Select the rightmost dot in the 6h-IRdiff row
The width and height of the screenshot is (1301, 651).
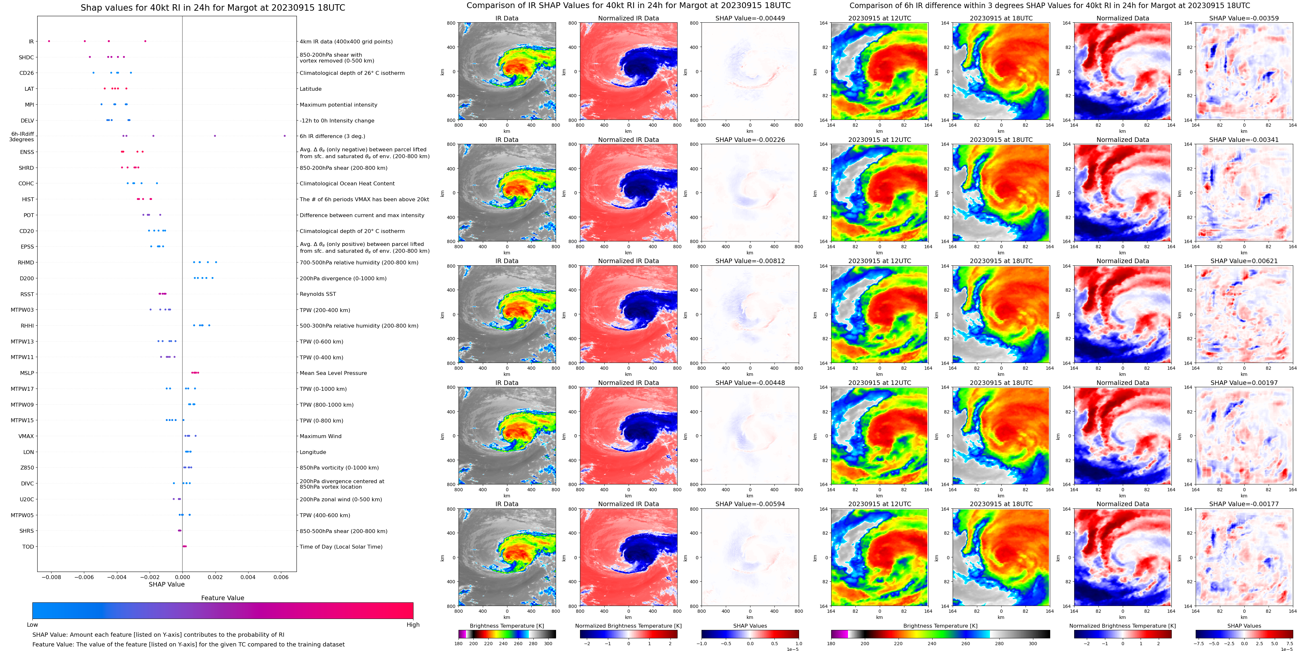click(x=285, y=136)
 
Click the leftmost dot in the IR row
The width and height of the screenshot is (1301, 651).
click(x=49, y=41)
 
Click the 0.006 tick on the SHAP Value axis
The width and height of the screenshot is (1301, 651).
click(x=281, y=577)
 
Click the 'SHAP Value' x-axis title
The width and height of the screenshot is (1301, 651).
click(x=166, y=584)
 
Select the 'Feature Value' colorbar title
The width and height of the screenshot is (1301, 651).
click(x=222, y=598)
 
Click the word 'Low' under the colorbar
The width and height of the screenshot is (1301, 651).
click(x=32, y=625)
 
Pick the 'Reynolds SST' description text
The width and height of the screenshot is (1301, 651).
click(x=318, y=294)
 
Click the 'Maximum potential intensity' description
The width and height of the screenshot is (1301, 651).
click(x=338, y=105)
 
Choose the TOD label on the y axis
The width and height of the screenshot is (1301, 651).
click(x=28, y=546)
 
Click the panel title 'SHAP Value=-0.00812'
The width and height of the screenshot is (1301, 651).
click(x=750, y=261)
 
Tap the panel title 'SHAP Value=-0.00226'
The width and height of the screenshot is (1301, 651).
click(x=750, y=140)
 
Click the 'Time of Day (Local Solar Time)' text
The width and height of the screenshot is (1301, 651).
click(x=341, y=546)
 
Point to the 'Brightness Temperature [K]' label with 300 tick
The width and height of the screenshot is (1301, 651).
click(x=506, y=626)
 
